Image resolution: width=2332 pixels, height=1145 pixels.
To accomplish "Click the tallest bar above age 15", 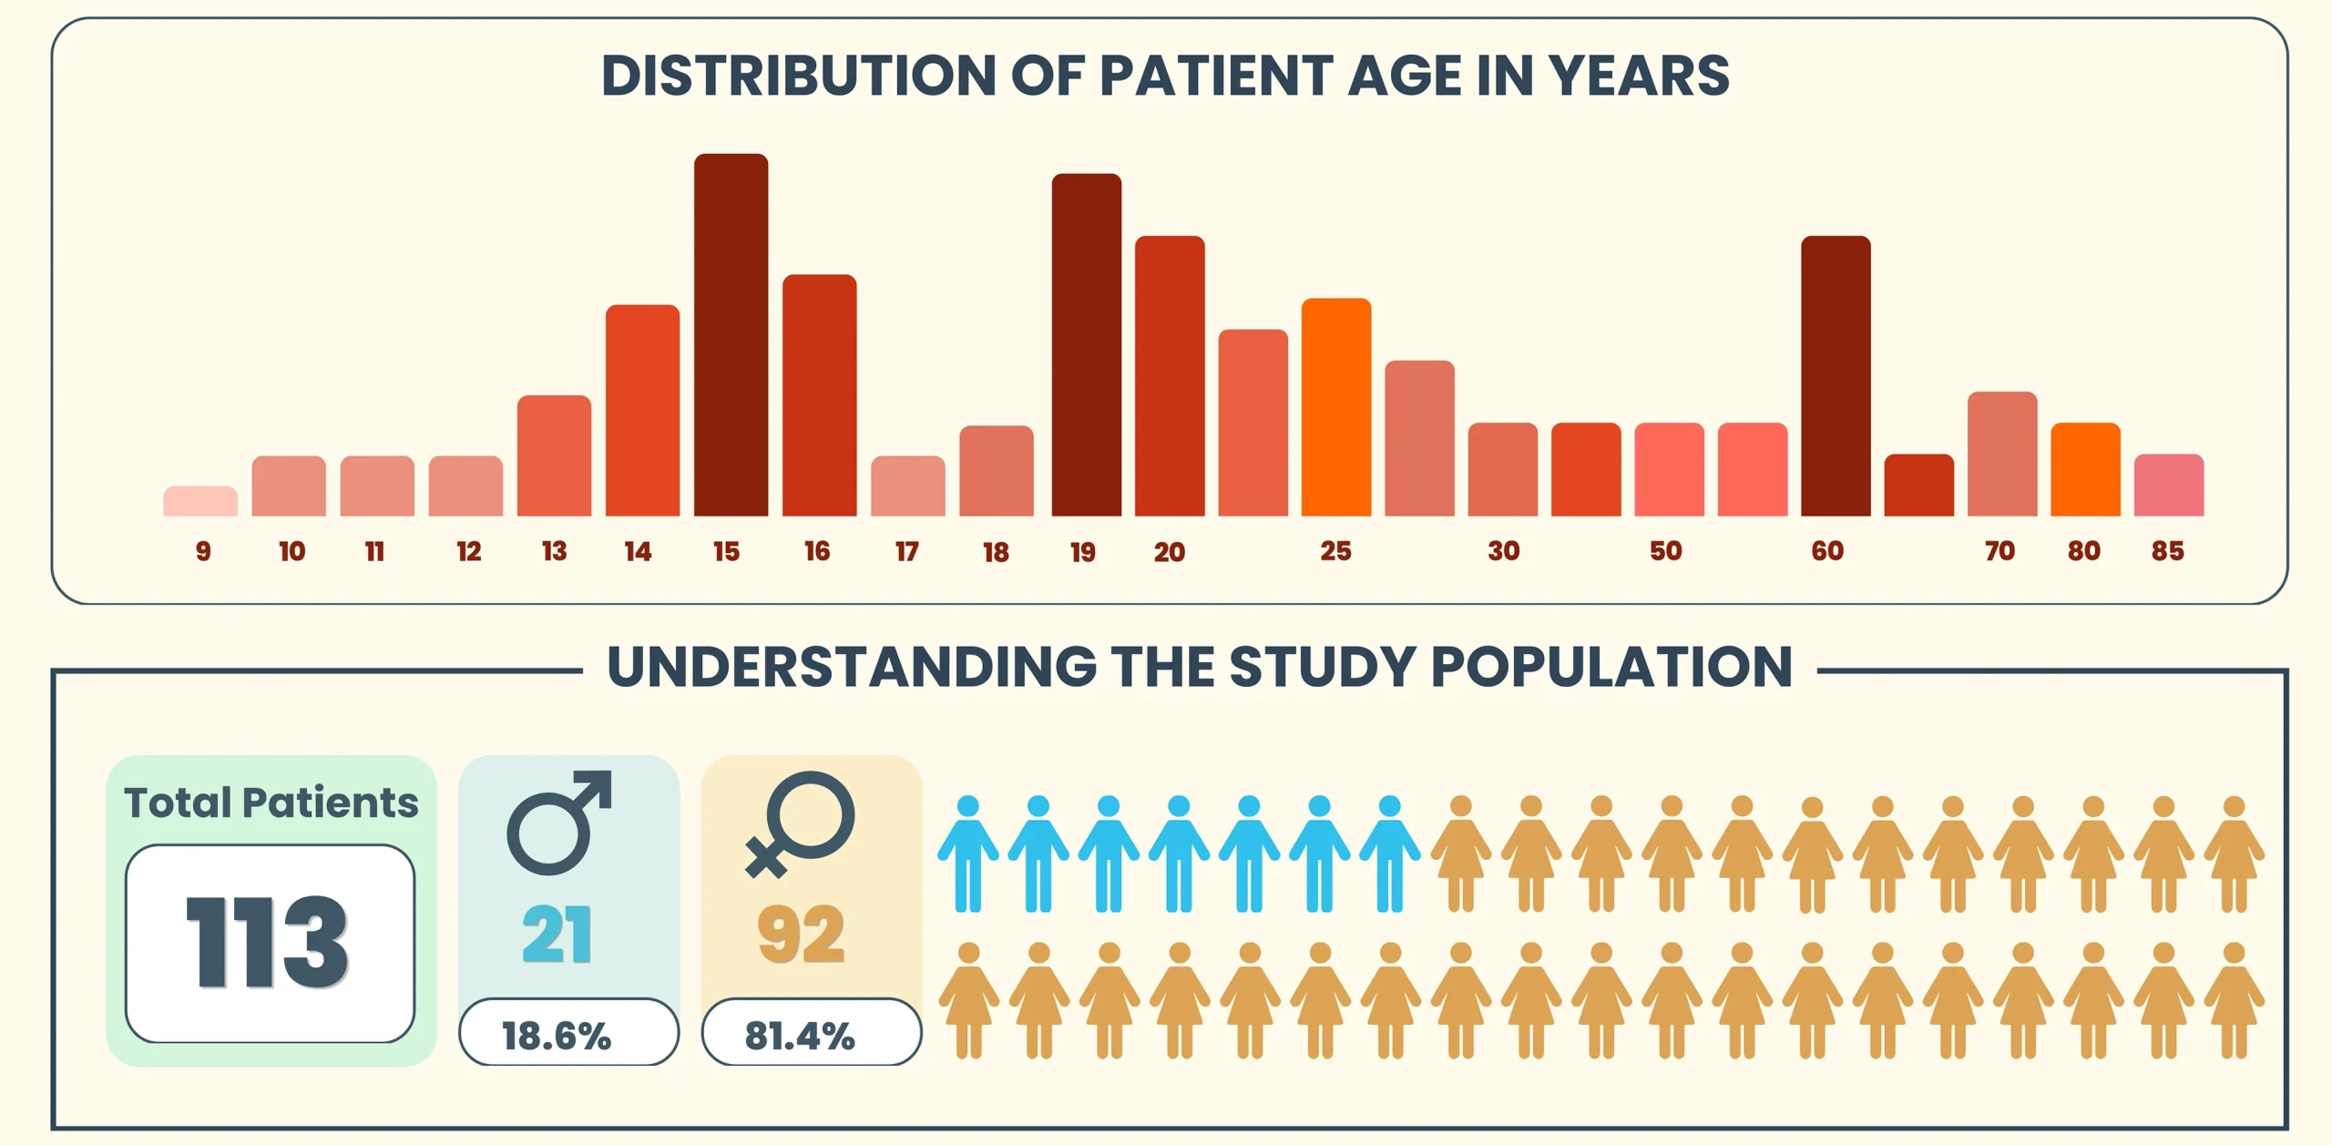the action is click(731, 335).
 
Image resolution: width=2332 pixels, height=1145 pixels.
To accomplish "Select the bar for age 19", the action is click(1086, 345).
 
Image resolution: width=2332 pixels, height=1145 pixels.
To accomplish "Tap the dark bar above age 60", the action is click(1836, 376).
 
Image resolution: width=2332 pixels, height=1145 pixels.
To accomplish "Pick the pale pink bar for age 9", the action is click(200, 502).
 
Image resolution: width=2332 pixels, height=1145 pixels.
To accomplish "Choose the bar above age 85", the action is click(2169, 486).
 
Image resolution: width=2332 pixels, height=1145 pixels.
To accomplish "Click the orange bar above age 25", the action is click(1336, 407).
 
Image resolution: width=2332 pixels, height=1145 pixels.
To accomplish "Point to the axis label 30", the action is click(1504, 551).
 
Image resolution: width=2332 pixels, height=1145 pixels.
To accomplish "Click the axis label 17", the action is click(907, 552).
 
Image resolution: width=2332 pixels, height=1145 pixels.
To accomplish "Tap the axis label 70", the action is click(2000, 551).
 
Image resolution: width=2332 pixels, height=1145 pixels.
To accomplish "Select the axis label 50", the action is click(1666, 551).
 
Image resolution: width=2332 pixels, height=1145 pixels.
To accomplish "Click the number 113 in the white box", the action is click(267, 942).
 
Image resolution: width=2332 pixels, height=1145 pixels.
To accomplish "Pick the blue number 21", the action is click(557, 935).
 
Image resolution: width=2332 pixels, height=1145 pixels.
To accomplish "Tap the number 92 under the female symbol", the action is click(802, 935).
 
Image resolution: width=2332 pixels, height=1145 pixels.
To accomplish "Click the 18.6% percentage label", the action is click(557, 1037).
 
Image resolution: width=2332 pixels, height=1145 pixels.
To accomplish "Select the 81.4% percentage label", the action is click(800, 1037).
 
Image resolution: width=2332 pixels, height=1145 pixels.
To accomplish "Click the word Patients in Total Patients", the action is click(331, 803).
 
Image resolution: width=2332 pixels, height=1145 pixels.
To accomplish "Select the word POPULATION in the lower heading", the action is click(1611, 667).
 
